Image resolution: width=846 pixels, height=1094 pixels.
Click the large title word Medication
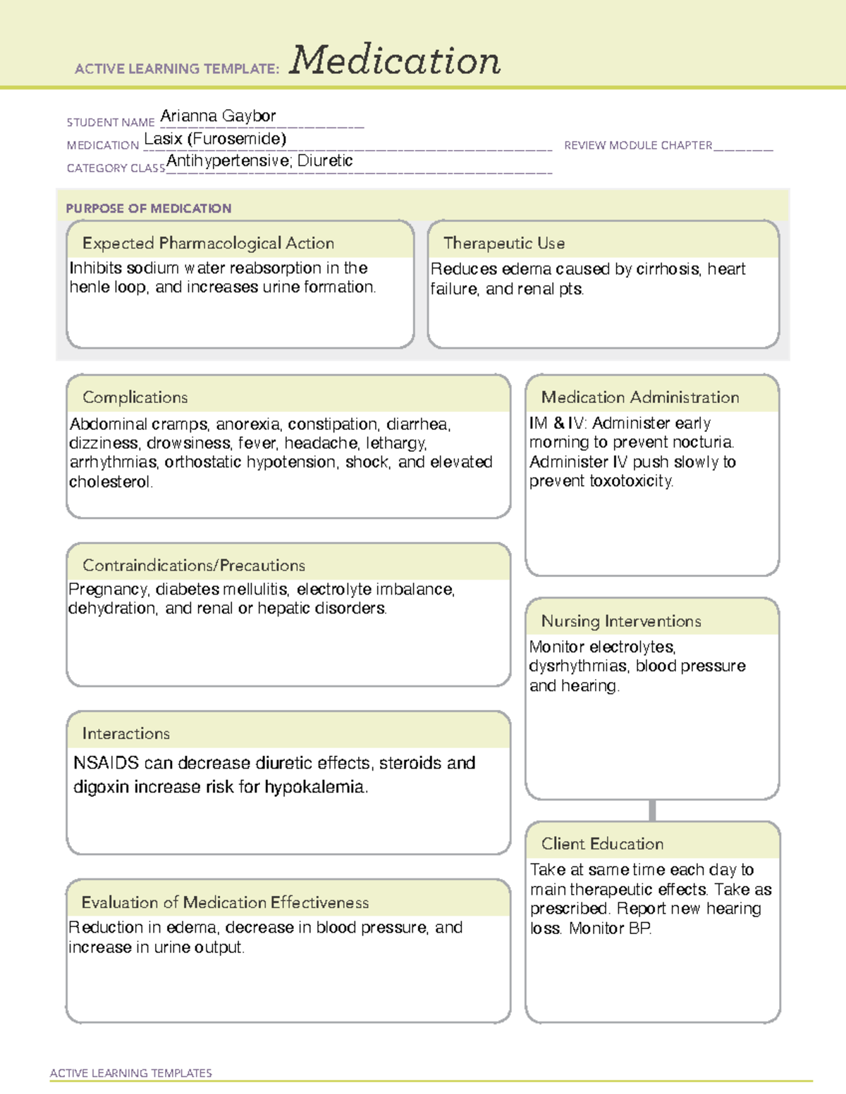pos(395,61)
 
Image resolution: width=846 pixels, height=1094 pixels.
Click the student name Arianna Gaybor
pos(218,116)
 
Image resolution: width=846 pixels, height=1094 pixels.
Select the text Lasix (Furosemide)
pos(215,139)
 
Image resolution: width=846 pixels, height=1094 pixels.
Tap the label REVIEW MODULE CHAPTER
pos(638,145)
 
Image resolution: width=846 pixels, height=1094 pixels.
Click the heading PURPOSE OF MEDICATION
pos(148,209)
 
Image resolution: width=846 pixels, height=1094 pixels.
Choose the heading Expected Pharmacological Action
pos(208,243)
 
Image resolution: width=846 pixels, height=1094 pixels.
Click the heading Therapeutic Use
pos(503,243)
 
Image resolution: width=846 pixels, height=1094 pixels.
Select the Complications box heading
pos(135,397)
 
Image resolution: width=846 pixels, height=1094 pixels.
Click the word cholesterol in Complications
pos(110,482)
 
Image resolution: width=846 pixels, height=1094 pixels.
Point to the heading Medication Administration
pos(639,397)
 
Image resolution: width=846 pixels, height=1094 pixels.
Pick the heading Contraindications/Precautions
pos(193,565)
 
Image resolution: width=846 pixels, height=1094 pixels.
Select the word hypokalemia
pos(316,787)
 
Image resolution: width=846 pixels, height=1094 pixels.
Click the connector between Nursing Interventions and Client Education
pos(652,810)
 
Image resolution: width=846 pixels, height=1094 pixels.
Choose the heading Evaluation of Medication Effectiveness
pos(225,902)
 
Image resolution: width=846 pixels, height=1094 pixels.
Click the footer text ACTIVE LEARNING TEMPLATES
pos(130,1073)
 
